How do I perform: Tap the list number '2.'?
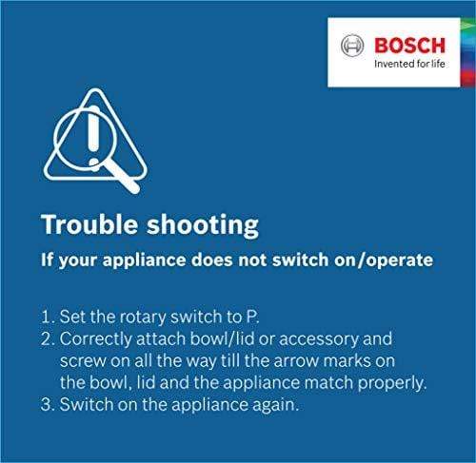pos(49,339)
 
